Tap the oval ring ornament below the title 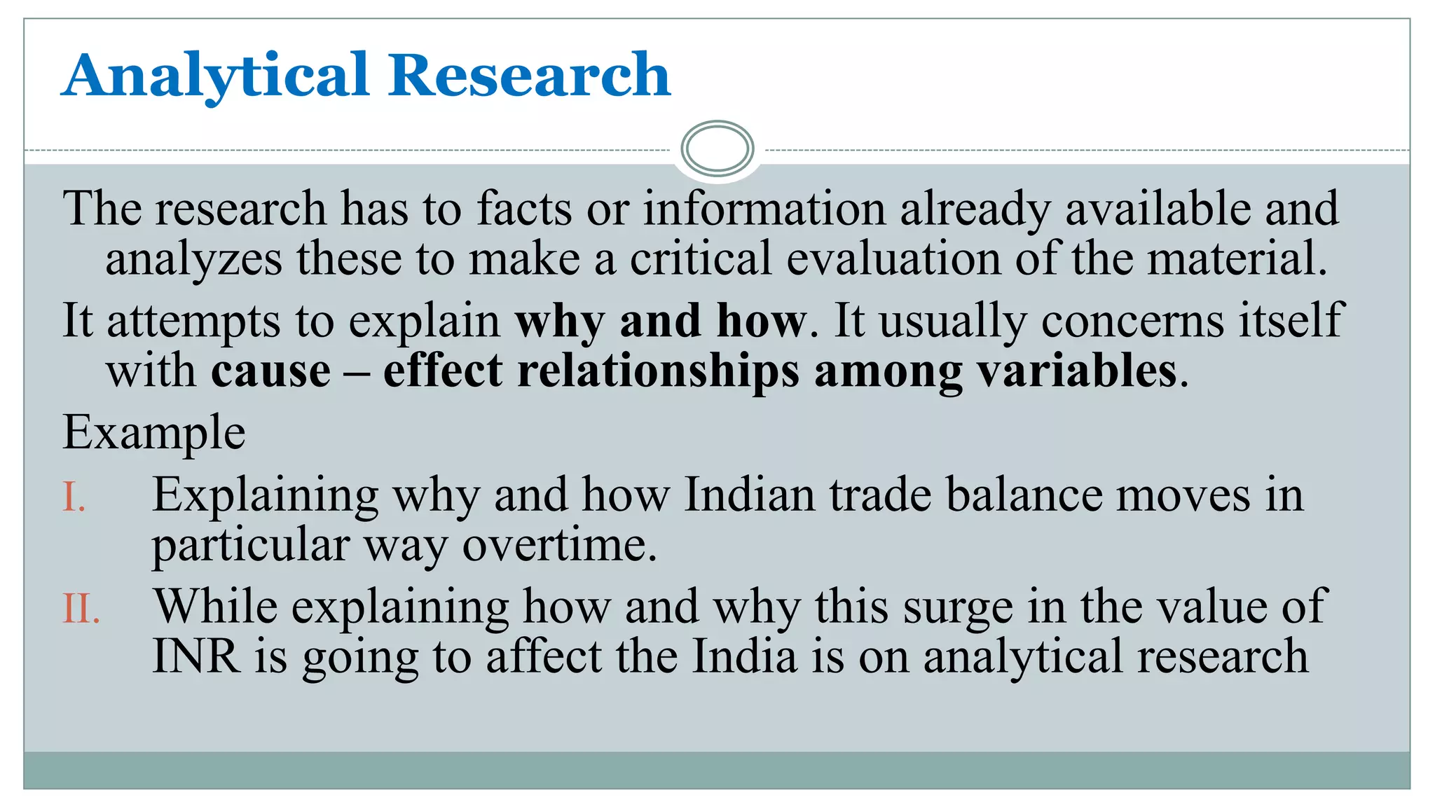717,149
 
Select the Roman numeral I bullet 74,498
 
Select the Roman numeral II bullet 81,609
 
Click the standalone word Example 153,433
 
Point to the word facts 524,209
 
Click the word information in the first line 764,209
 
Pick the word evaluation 893,258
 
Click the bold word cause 271,371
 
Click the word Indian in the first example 749,495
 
